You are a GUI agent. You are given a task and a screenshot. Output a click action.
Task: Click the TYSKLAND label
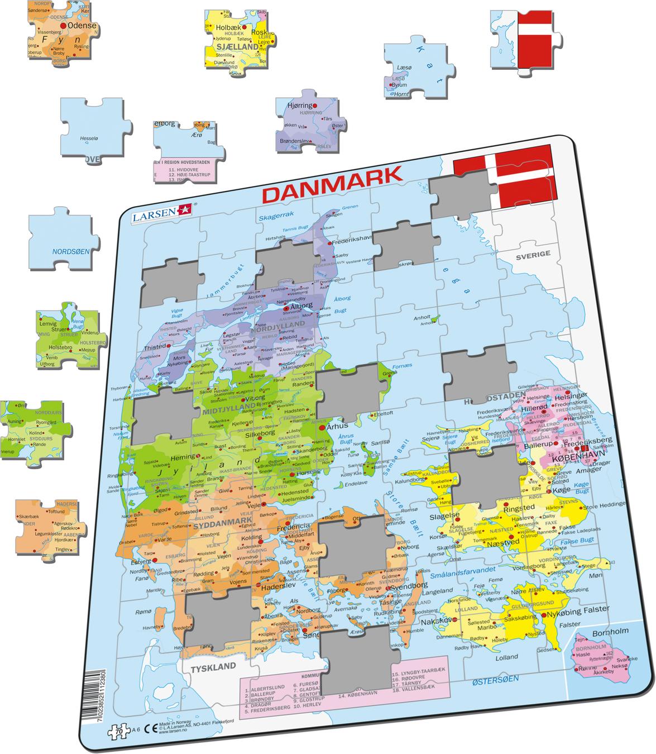(x=213, y=667)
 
